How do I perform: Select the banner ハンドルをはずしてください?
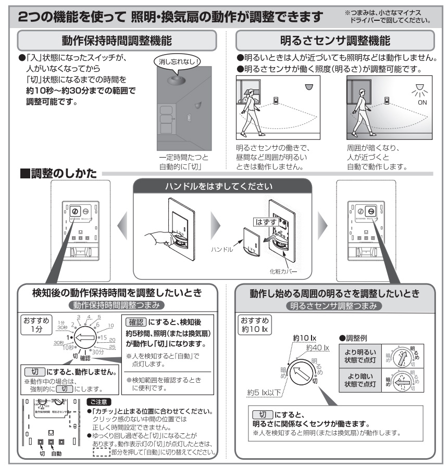(223, 187)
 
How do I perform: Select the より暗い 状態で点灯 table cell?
(359, 387)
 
